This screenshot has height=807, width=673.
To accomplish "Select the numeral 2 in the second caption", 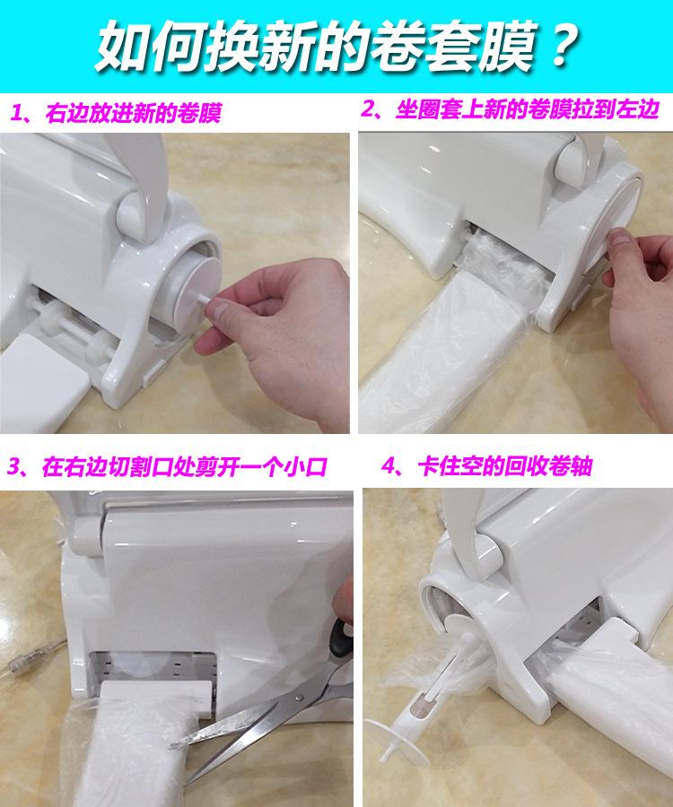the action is (x=369, y=109).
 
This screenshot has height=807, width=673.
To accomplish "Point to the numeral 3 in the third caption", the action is (x=15, y=467).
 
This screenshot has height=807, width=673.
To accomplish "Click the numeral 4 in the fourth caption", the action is (x=389, y=465).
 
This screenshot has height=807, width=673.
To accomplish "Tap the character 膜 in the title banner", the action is (x=506, y=47).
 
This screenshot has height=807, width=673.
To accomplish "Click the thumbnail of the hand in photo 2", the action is (x=619, y=239).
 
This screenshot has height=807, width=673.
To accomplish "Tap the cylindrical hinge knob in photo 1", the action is (x=130, y=216).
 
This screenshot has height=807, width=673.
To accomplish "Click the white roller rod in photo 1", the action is (x=72, y=325).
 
